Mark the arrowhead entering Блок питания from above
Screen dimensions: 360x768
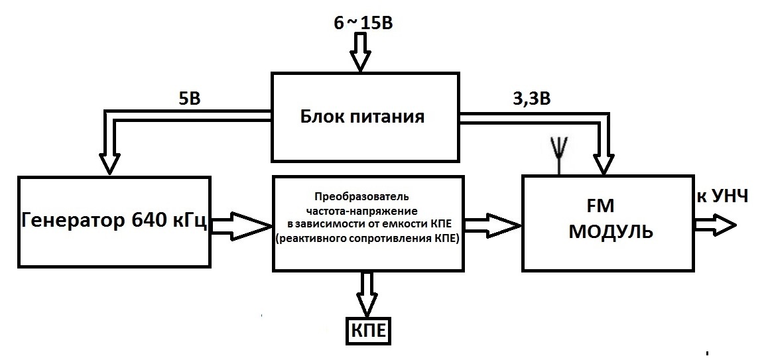click(359, 60)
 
